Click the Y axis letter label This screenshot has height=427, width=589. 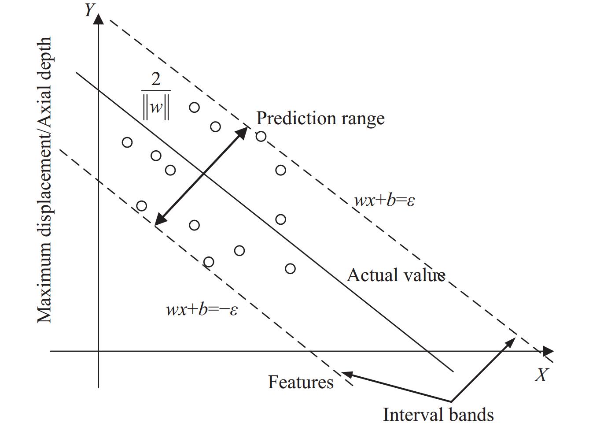pyautogui.click(x=89, y=10)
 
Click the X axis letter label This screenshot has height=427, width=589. pyautogui.click(x=541, y=375)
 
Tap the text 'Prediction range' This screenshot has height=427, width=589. pyautogui.click(x=320, y=118)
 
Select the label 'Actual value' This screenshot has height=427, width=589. pyautogui.click(x=396, y=275)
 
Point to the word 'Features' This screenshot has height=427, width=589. pyautogui.click(x=301, y=382)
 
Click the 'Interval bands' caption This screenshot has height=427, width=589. pyautogui.click(x=438, y=415)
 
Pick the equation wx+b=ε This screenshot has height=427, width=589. pyautogui.click(x=384, y=201)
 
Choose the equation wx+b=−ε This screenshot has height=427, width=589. pyautogui.click(x=202, y=309)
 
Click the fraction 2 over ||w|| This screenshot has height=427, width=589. pyautogui.click(x=156, y=96)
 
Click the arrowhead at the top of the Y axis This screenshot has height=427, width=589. pyautogui.click(x=99, y=19)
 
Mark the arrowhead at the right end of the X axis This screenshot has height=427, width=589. pyautogui.click(x=548, y=351)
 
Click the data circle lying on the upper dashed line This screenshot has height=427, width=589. pyautogui.click(x=261, y=136)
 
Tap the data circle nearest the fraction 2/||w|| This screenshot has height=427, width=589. pyautogui.click(x=194, y=107)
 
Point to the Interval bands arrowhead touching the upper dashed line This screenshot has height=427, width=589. pyautogui.click(x=511, y=341)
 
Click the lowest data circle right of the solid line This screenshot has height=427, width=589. pyautogui.click(x=290, y=268)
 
